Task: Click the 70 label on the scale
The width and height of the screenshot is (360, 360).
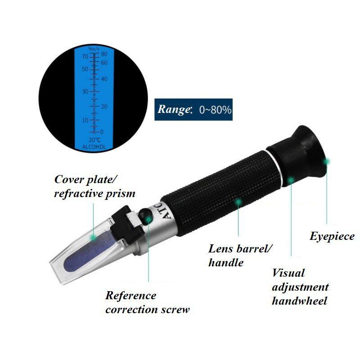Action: (x=85, y=57)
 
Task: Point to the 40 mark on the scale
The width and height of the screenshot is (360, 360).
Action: (x=104, y=79)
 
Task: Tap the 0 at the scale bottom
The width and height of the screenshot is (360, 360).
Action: (x=102, y=132)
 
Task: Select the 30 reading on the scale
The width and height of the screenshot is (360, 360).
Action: (x=85, y=91)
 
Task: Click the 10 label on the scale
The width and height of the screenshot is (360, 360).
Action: (x=85, y=120)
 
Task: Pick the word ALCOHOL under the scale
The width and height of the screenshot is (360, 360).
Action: (x=94, y=147)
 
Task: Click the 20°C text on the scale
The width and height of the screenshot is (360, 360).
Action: (x=94, y=140)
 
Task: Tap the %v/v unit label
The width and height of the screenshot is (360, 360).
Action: (x=94, y=49)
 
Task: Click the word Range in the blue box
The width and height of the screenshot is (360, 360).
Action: (x=173, y=109)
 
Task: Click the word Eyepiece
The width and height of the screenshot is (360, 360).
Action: (x=332, y=236)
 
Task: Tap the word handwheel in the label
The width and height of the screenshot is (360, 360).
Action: (x=299, y=301)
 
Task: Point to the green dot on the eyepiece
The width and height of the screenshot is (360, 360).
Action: (x=328, y=160)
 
